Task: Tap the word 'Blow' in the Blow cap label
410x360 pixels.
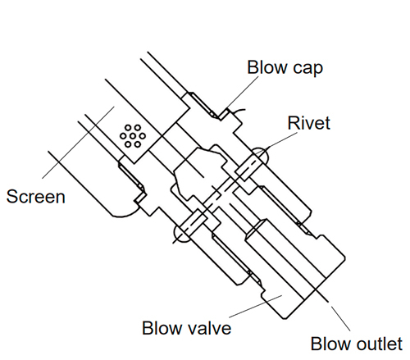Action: click(266, 66)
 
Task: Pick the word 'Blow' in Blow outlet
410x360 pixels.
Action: click(331, 343)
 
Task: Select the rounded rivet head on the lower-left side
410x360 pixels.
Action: click(181, 235)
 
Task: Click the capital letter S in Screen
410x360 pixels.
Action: click(11, 197)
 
